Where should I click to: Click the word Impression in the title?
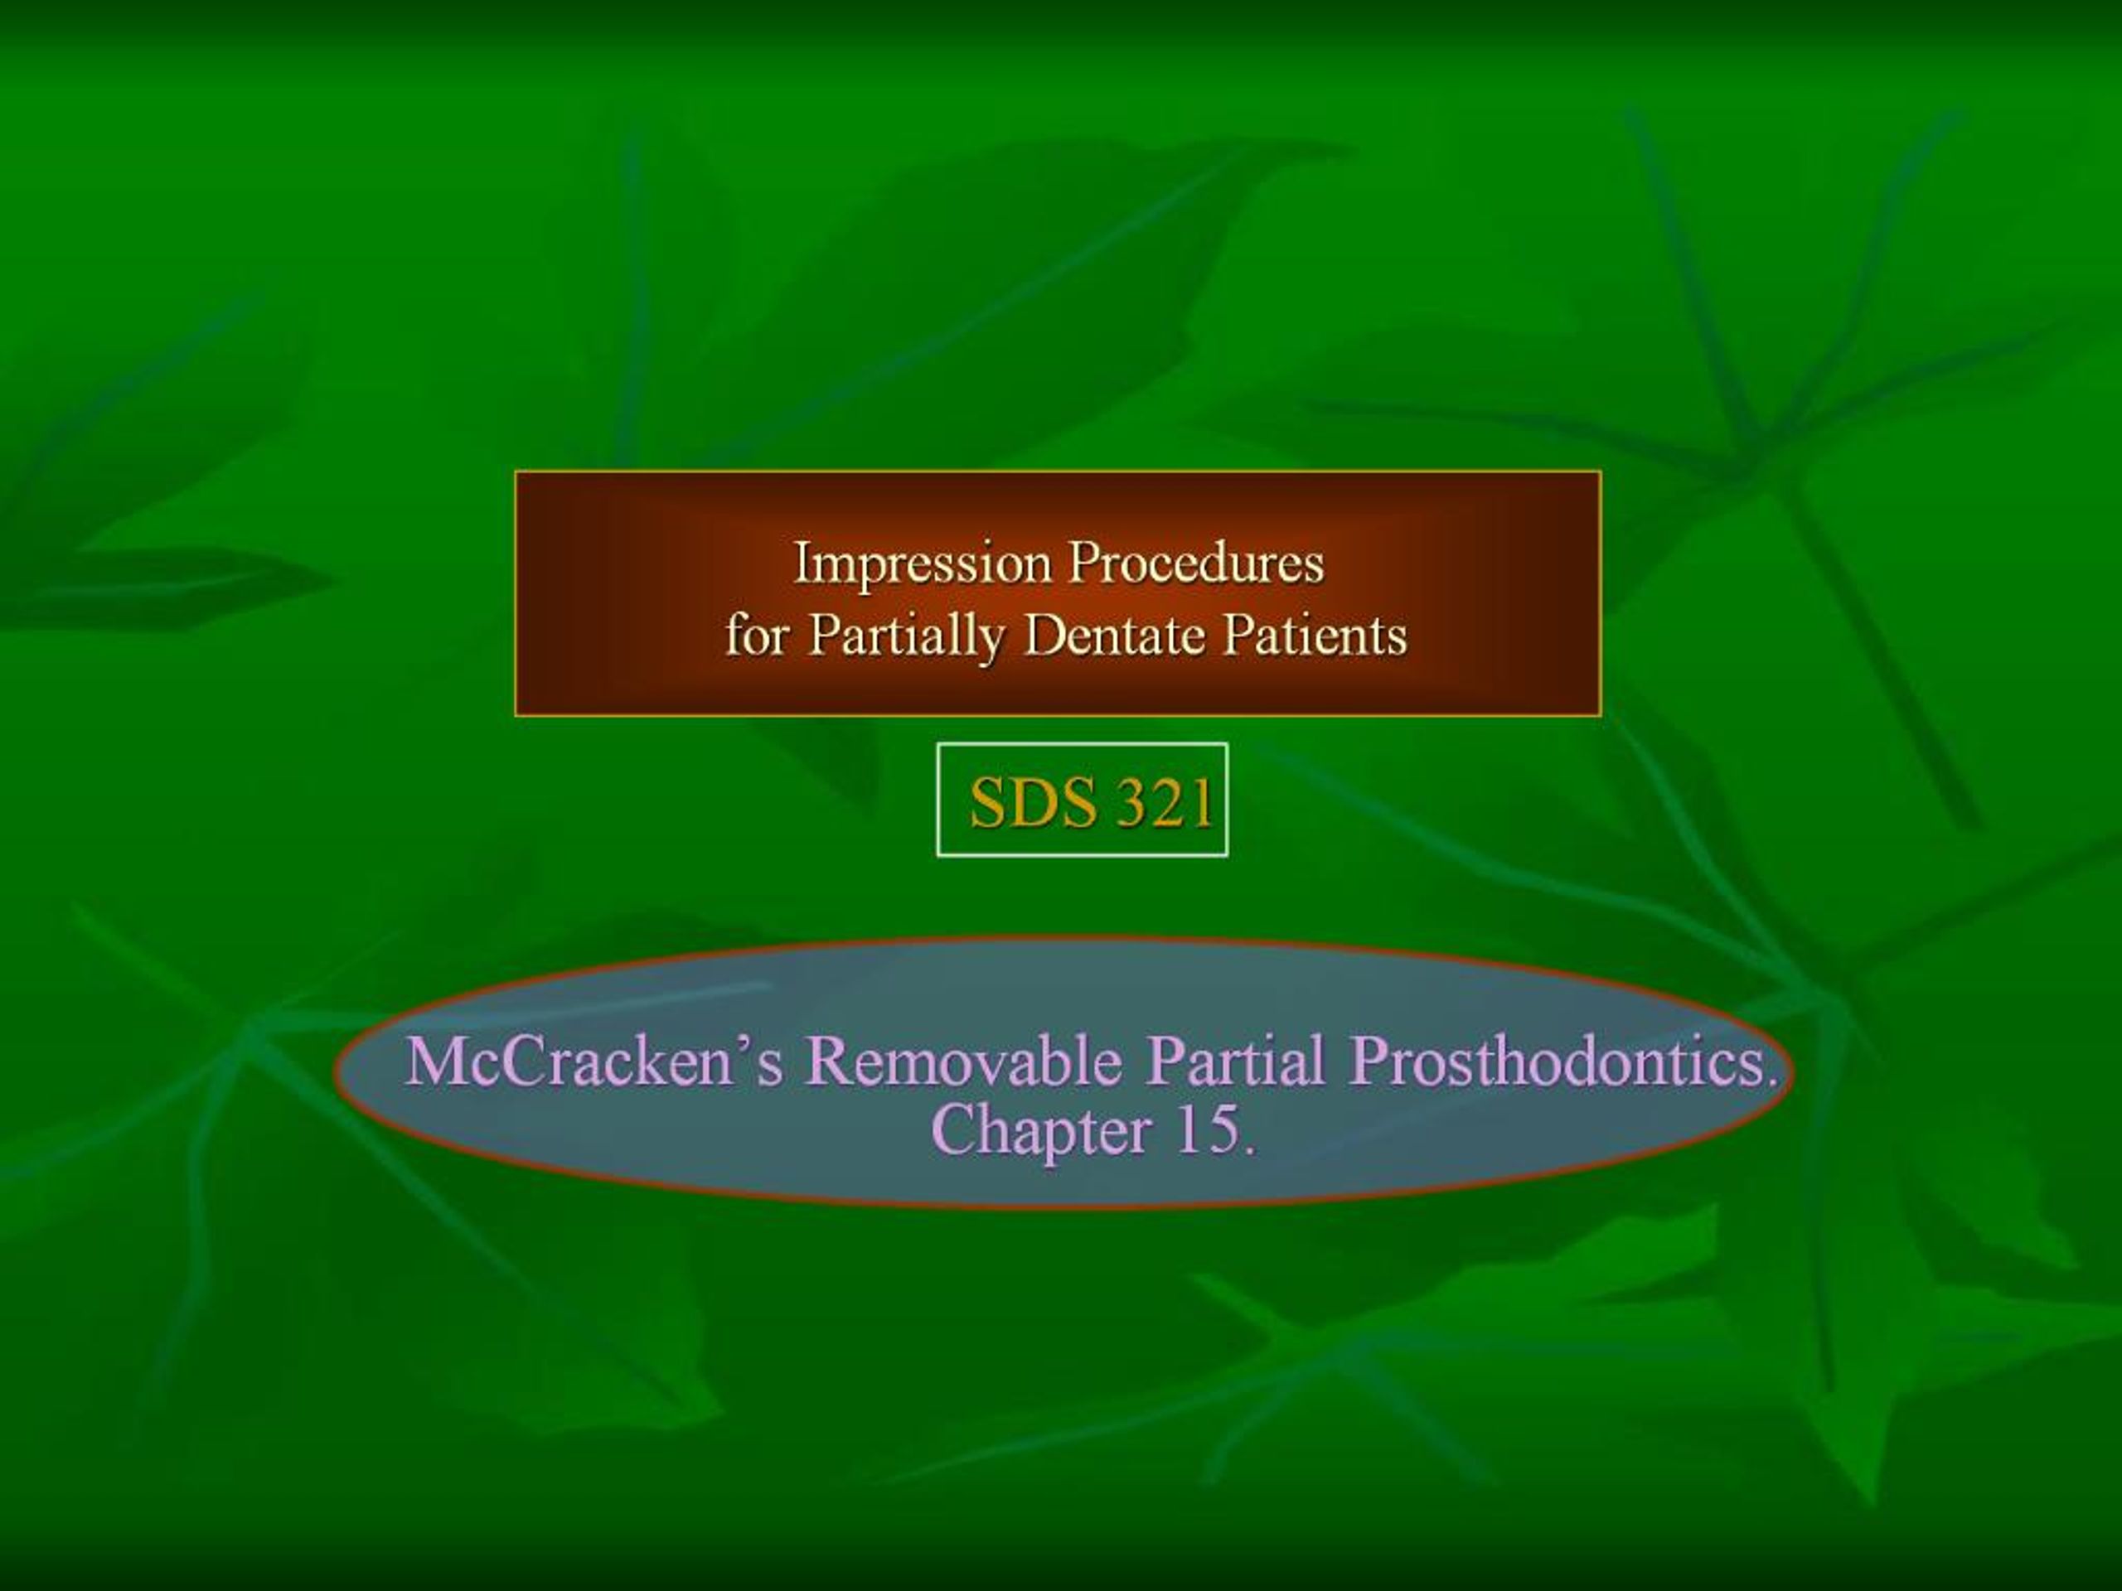(x=922, y=564)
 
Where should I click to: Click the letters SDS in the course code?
(x=1032, y=803)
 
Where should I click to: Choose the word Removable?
(x=964, y=1061)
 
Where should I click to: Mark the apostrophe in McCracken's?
(x=743, y=1045)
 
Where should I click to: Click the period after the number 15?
(x=1248, y=1149)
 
